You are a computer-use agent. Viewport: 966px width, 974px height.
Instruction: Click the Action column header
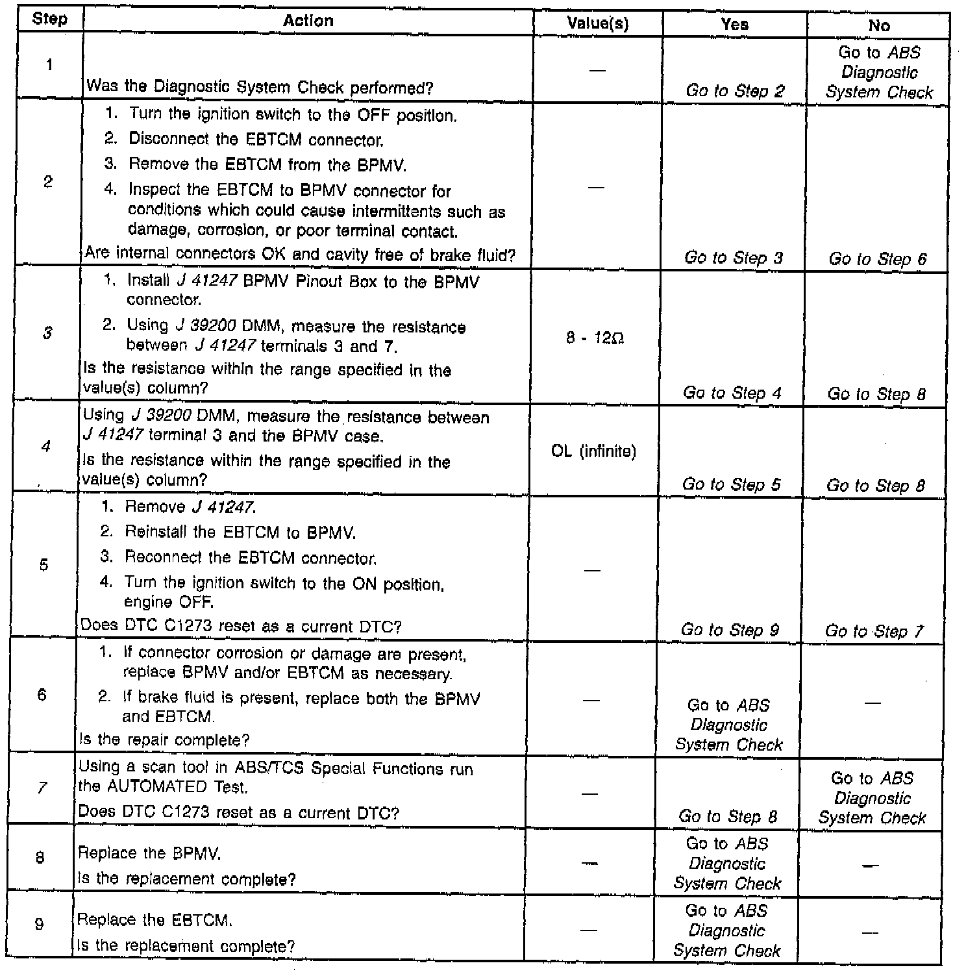(308, 21)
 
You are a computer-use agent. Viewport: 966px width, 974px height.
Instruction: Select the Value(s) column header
(597, 24)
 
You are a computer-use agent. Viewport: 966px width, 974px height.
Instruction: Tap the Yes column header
(734, 25)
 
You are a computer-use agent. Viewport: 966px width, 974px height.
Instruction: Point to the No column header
(879, 26)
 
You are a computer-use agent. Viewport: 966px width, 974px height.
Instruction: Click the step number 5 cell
(43, 565)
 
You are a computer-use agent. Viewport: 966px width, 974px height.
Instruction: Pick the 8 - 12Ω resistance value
(595, 338)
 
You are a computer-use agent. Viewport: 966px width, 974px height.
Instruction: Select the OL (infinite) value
(593, 451)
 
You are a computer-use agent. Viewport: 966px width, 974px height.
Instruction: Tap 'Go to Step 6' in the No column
(878, 259)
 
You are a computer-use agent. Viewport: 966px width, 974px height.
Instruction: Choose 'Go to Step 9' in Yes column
(730, 630)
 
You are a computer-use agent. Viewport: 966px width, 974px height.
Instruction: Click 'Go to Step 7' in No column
(874, 631)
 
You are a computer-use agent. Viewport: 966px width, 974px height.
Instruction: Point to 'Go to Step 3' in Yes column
(734, 258)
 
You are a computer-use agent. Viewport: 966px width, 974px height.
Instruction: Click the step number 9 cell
(39, 924)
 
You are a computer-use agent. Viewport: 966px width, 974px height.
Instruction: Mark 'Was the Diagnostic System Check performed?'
(260, 87)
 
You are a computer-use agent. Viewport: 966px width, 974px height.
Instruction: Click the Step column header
(49, 19)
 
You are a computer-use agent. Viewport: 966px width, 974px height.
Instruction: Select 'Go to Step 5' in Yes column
(731, 484)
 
